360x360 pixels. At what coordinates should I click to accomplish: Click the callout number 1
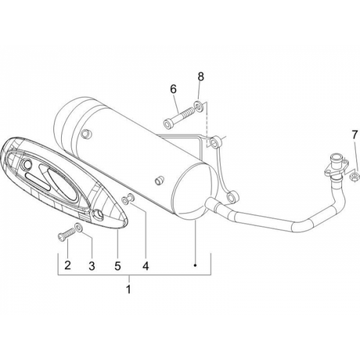coord(128,289)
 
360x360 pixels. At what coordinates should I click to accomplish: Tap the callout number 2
coord(67,265)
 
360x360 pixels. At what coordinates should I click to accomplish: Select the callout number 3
coord(92,266)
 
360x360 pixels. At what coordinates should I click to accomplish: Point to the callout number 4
coord(146,266)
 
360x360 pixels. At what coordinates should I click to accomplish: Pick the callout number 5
coord(117,266)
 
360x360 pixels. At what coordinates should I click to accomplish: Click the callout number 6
coord(173,89)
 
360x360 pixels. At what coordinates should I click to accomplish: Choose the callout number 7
coord(355,135)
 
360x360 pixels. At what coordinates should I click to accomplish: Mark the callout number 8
coord(200,77)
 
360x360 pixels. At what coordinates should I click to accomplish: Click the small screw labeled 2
coord(66,233)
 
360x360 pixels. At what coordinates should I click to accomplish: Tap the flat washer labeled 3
coord(78,227)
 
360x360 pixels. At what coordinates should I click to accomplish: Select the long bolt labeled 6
coord(178,117)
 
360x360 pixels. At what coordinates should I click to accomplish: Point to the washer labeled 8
coord(198,106)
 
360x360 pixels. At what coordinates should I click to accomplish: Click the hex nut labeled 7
coord(354,177)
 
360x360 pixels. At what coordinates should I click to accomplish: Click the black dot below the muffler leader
coord(195,265)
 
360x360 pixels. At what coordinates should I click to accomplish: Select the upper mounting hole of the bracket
coord(214,143)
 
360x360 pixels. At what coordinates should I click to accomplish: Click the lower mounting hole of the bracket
coord(231,197)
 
